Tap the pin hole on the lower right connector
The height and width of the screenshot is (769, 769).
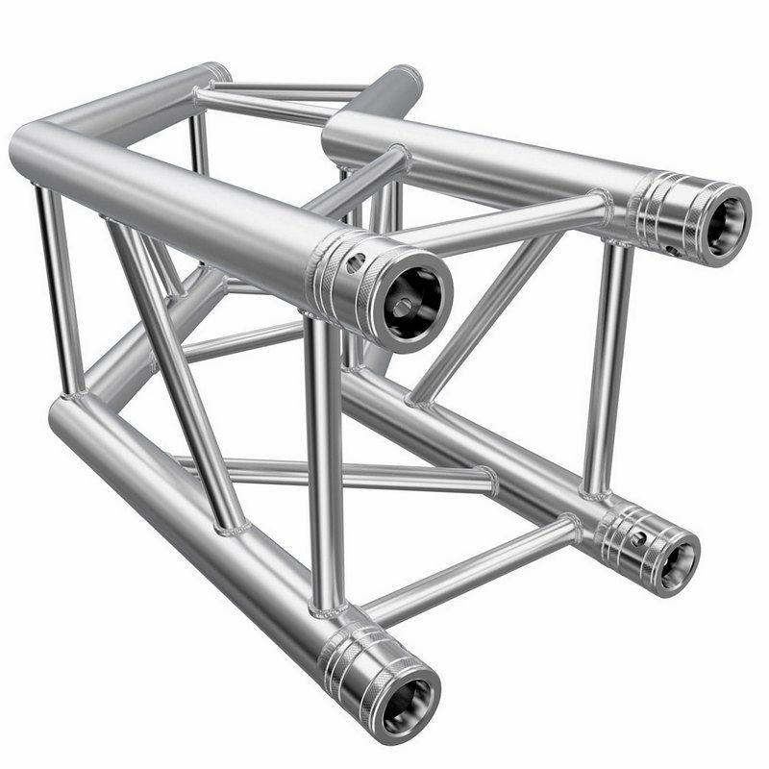pyautogui.click(x=635, y=538)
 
